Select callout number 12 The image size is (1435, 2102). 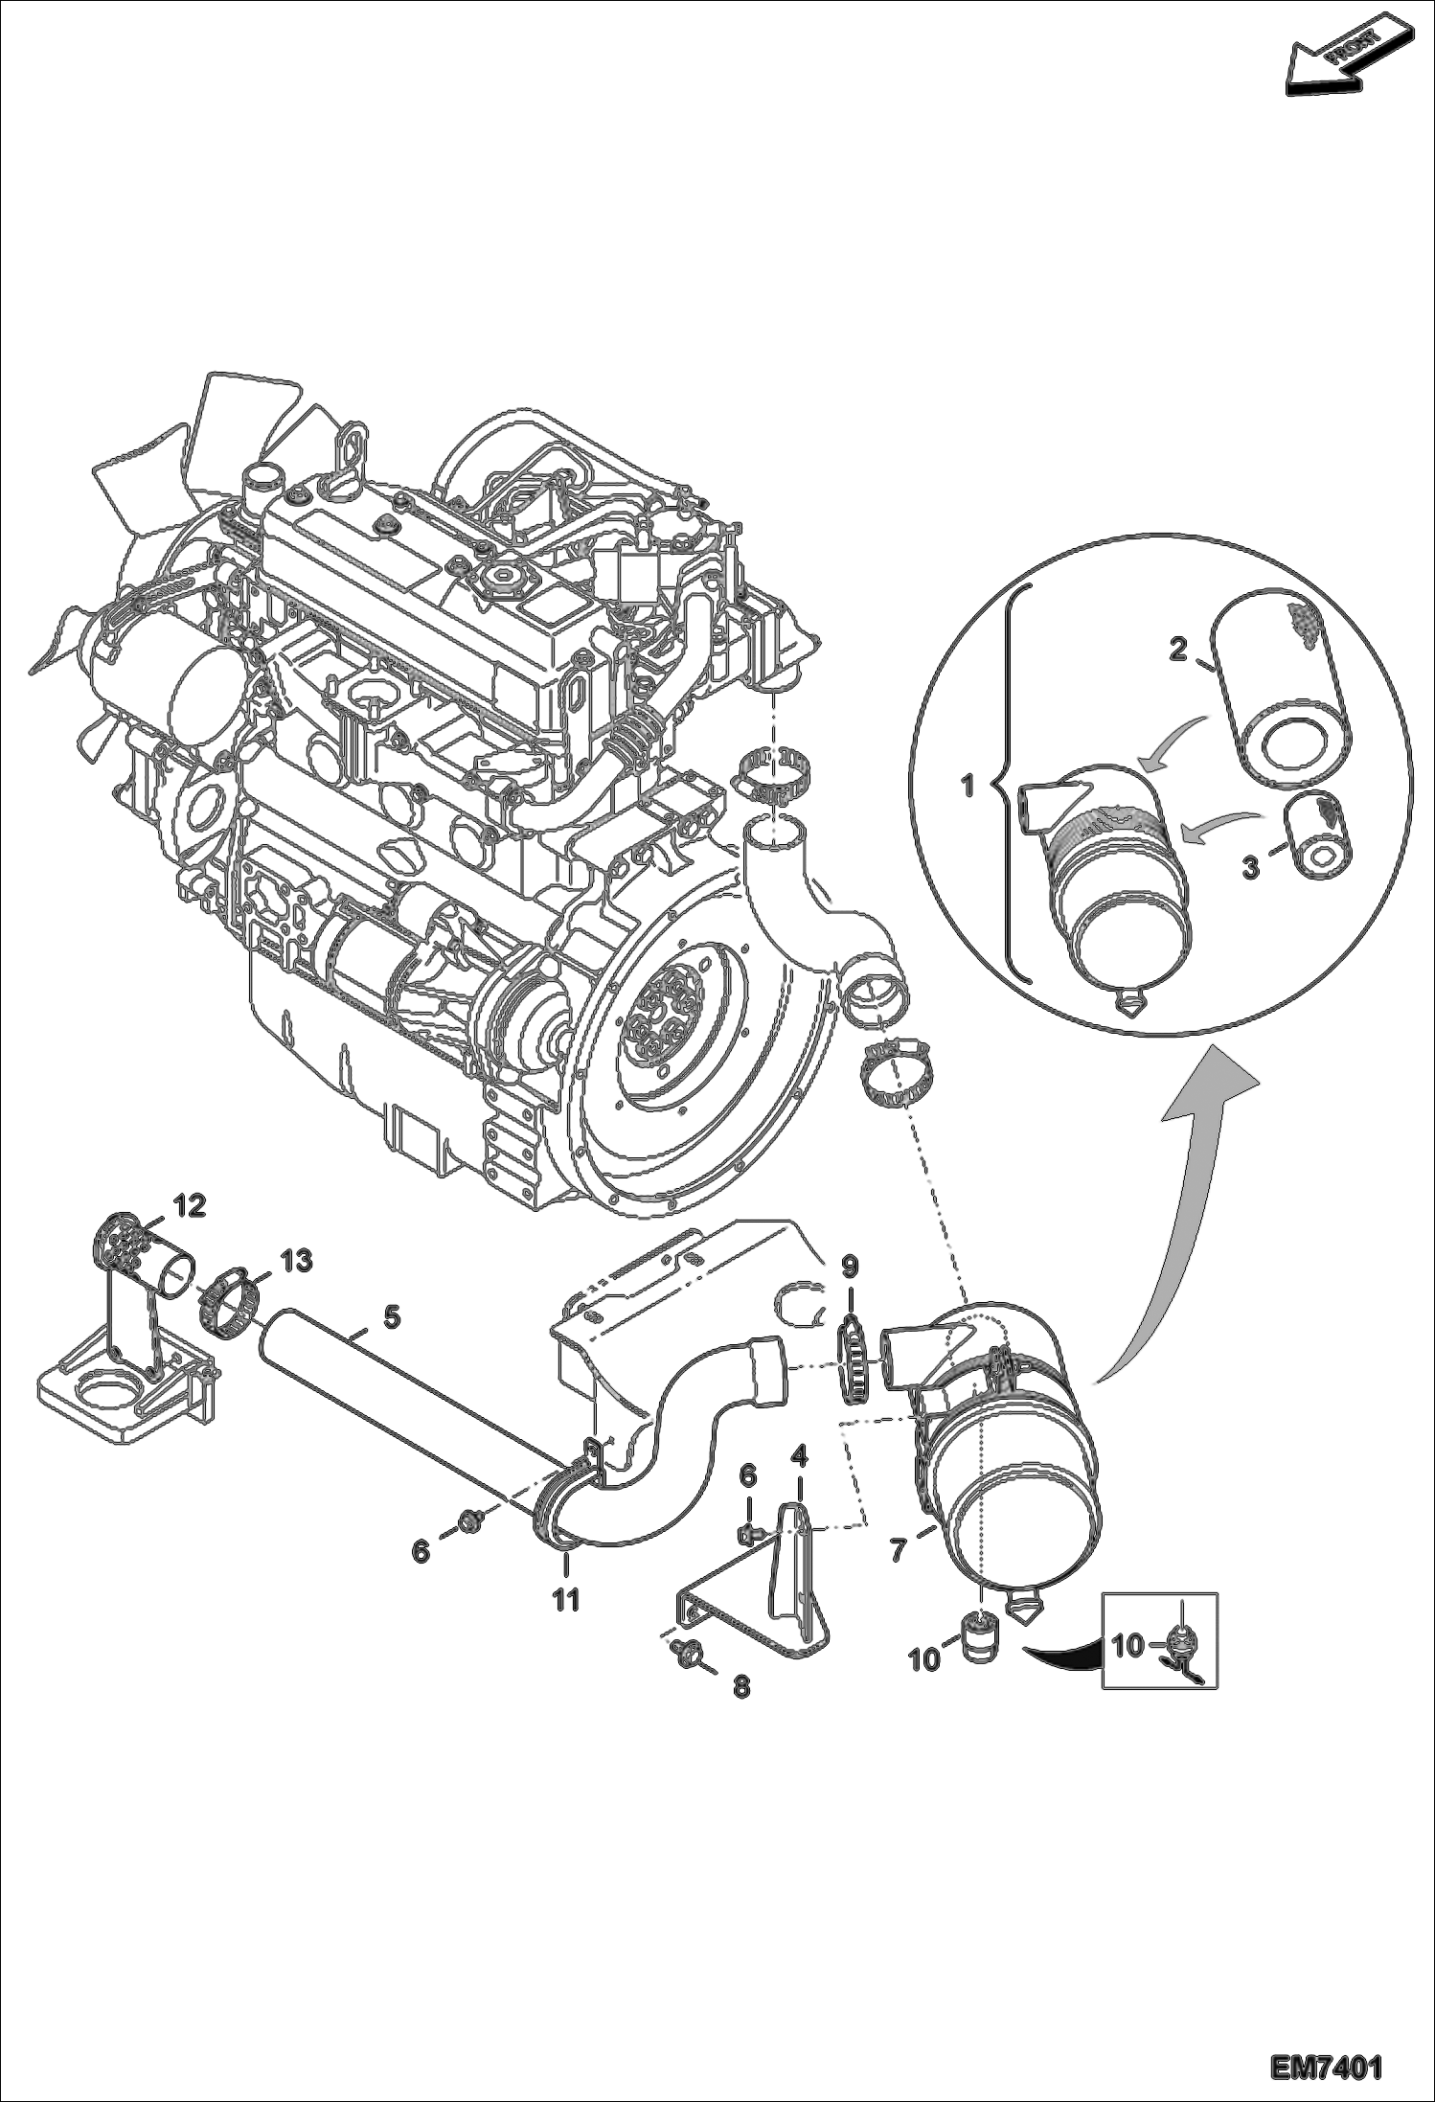[x=190, y=1206]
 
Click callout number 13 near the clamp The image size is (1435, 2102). [x=296, y=1261]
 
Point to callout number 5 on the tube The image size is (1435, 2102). [x=391, y=1316]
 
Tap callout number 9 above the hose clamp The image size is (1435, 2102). [x=850, y=1267]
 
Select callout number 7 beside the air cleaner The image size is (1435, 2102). [x=898, y=1550]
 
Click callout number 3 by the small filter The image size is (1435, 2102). [x=1250, y=870]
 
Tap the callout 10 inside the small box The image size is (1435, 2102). [x=1127, y=1646]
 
